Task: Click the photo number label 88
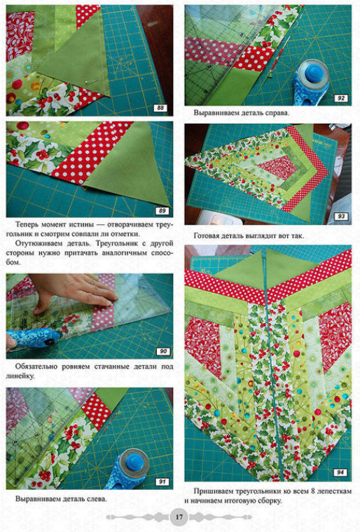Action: click(x=160, y=108)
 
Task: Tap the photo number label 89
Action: click(x=162, y=211)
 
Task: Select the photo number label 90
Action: click(x=163, y=351)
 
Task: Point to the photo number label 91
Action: click(x=162, y=482)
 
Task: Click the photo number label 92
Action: click(x=340, y=98)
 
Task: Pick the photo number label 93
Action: click(x=341, y=217)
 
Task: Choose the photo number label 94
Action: click(x=340, y=472)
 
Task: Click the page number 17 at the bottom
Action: click(x=179, y=517)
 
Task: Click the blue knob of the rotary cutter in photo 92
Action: click(x=314, y=73)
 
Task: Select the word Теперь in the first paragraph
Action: click(x=27, y=224)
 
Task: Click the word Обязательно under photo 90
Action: click(x=36, y=367)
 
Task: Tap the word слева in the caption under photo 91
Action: click(x=97, y=499)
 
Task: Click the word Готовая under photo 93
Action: click(x=207, y=236)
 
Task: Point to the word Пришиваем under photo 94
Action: click(x=212, y=491)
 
